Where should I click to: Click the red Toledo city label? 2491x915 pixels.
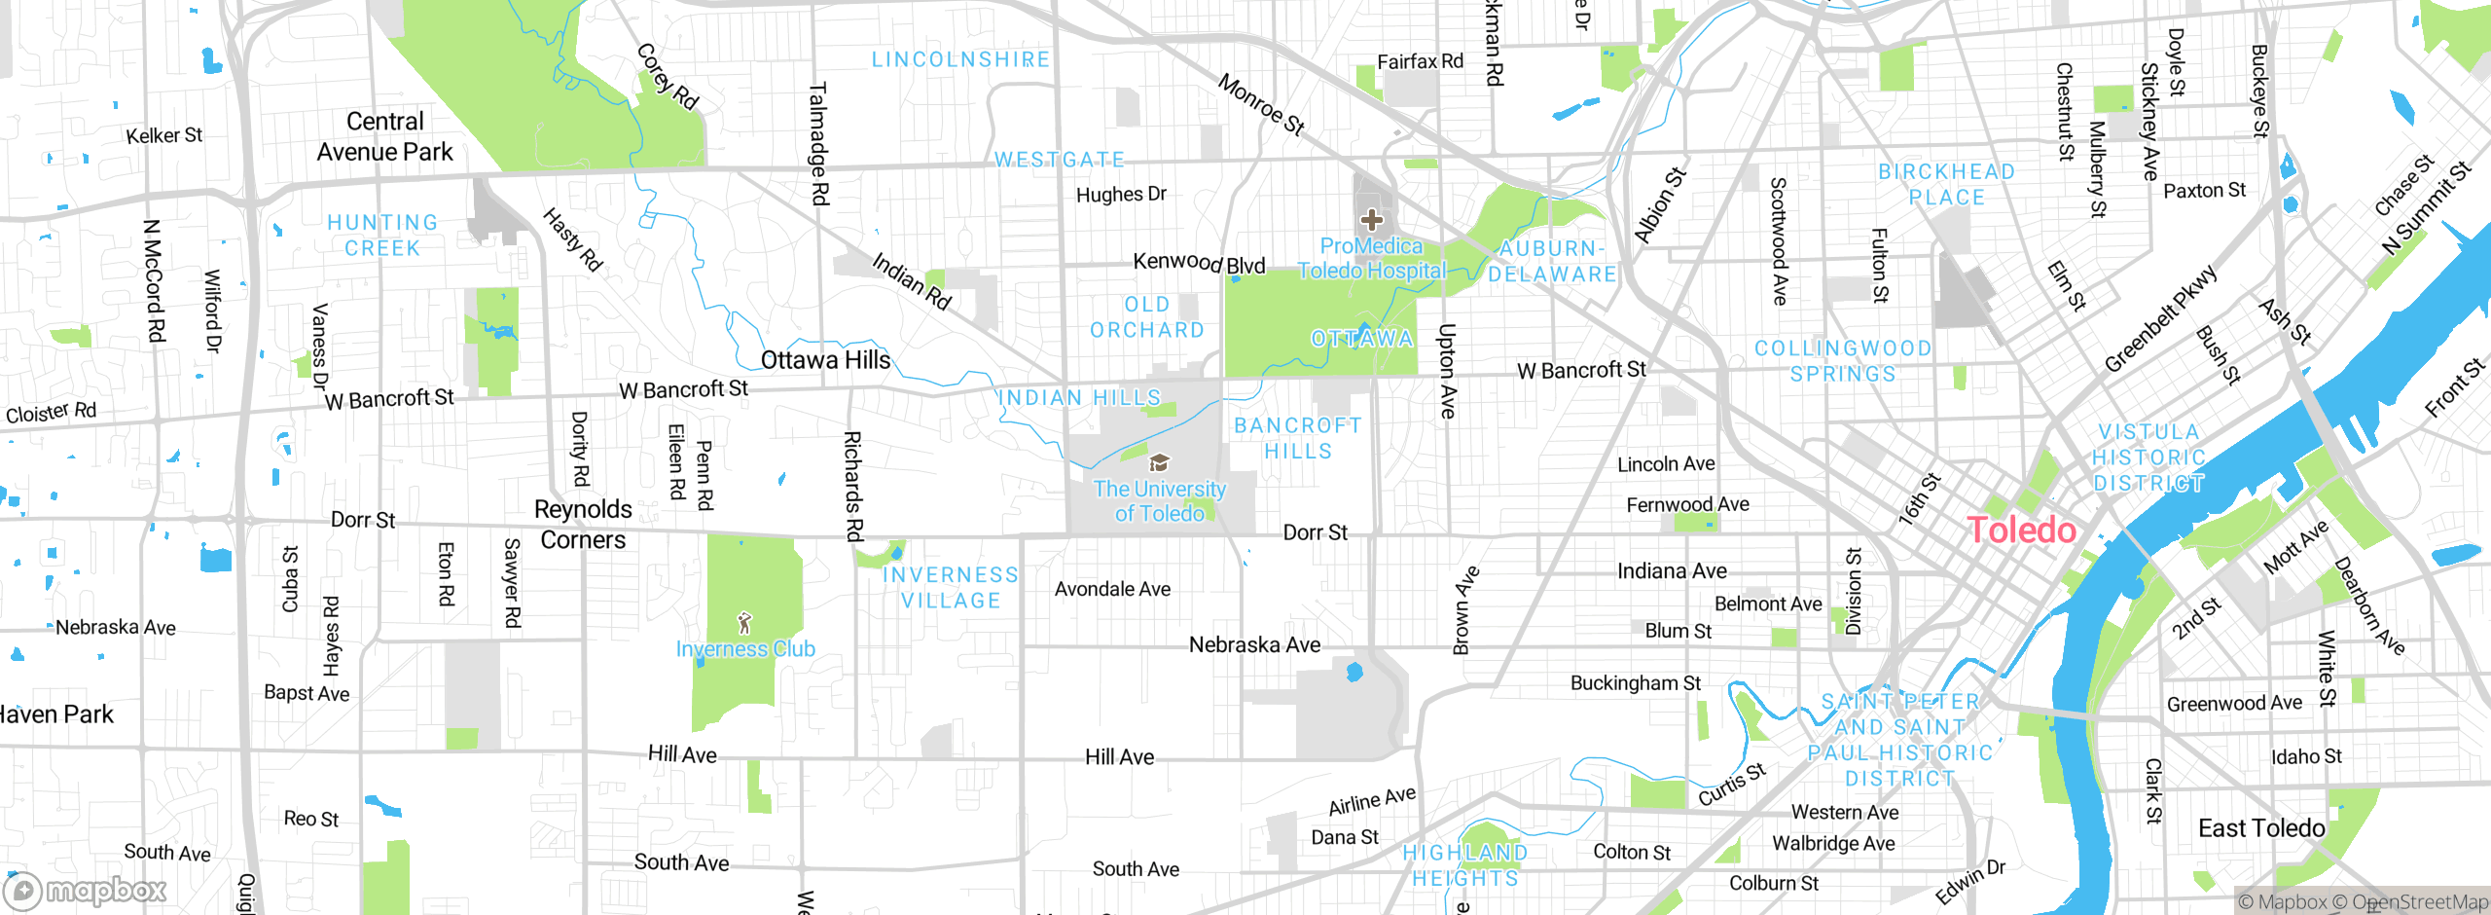point(2022,531)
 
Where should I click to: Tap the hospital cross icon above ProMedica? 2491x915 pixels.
point(1372,220)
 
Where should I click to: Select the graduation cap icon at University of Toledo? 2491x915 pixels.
point(1159,462)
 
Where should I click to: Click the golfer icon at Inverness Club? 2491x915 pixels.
point(745,623)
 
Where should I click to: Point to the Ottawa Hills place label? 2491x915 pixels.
point(825,360)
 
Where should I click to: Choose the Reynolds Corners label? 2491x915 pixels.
point(583,524)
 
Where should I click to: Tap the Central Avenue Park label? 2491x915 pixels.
point(385,136)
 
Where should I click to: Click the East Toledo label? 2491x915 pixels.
point(2261,828)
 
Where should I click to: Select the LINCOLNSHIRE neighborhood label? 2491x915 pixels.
point(960,60)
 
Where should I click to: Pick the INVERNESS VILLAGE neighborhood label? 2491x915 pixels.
point(951,588)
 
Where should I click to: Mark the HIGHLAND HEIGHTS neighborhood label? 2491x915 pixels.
point(1465,865)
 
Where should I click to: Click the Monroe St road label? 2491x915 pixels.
point(1261,104)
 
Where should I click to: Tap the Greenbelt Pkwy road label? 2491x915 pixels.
point(2160,318)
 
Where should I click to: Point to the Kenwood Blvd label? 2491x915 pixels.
point(1199,263)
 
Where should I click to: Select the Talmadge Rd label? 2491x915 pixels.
point(818,144)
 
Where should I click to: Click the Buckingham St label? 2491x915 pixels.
point(1635,683)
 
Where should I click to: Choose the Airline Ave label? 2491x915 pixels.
point(1372,801)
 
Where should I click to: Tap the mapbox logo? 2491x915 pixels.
point(86,890)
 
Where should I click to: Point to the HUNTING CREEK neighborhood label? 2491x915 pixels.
point(382,236)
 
